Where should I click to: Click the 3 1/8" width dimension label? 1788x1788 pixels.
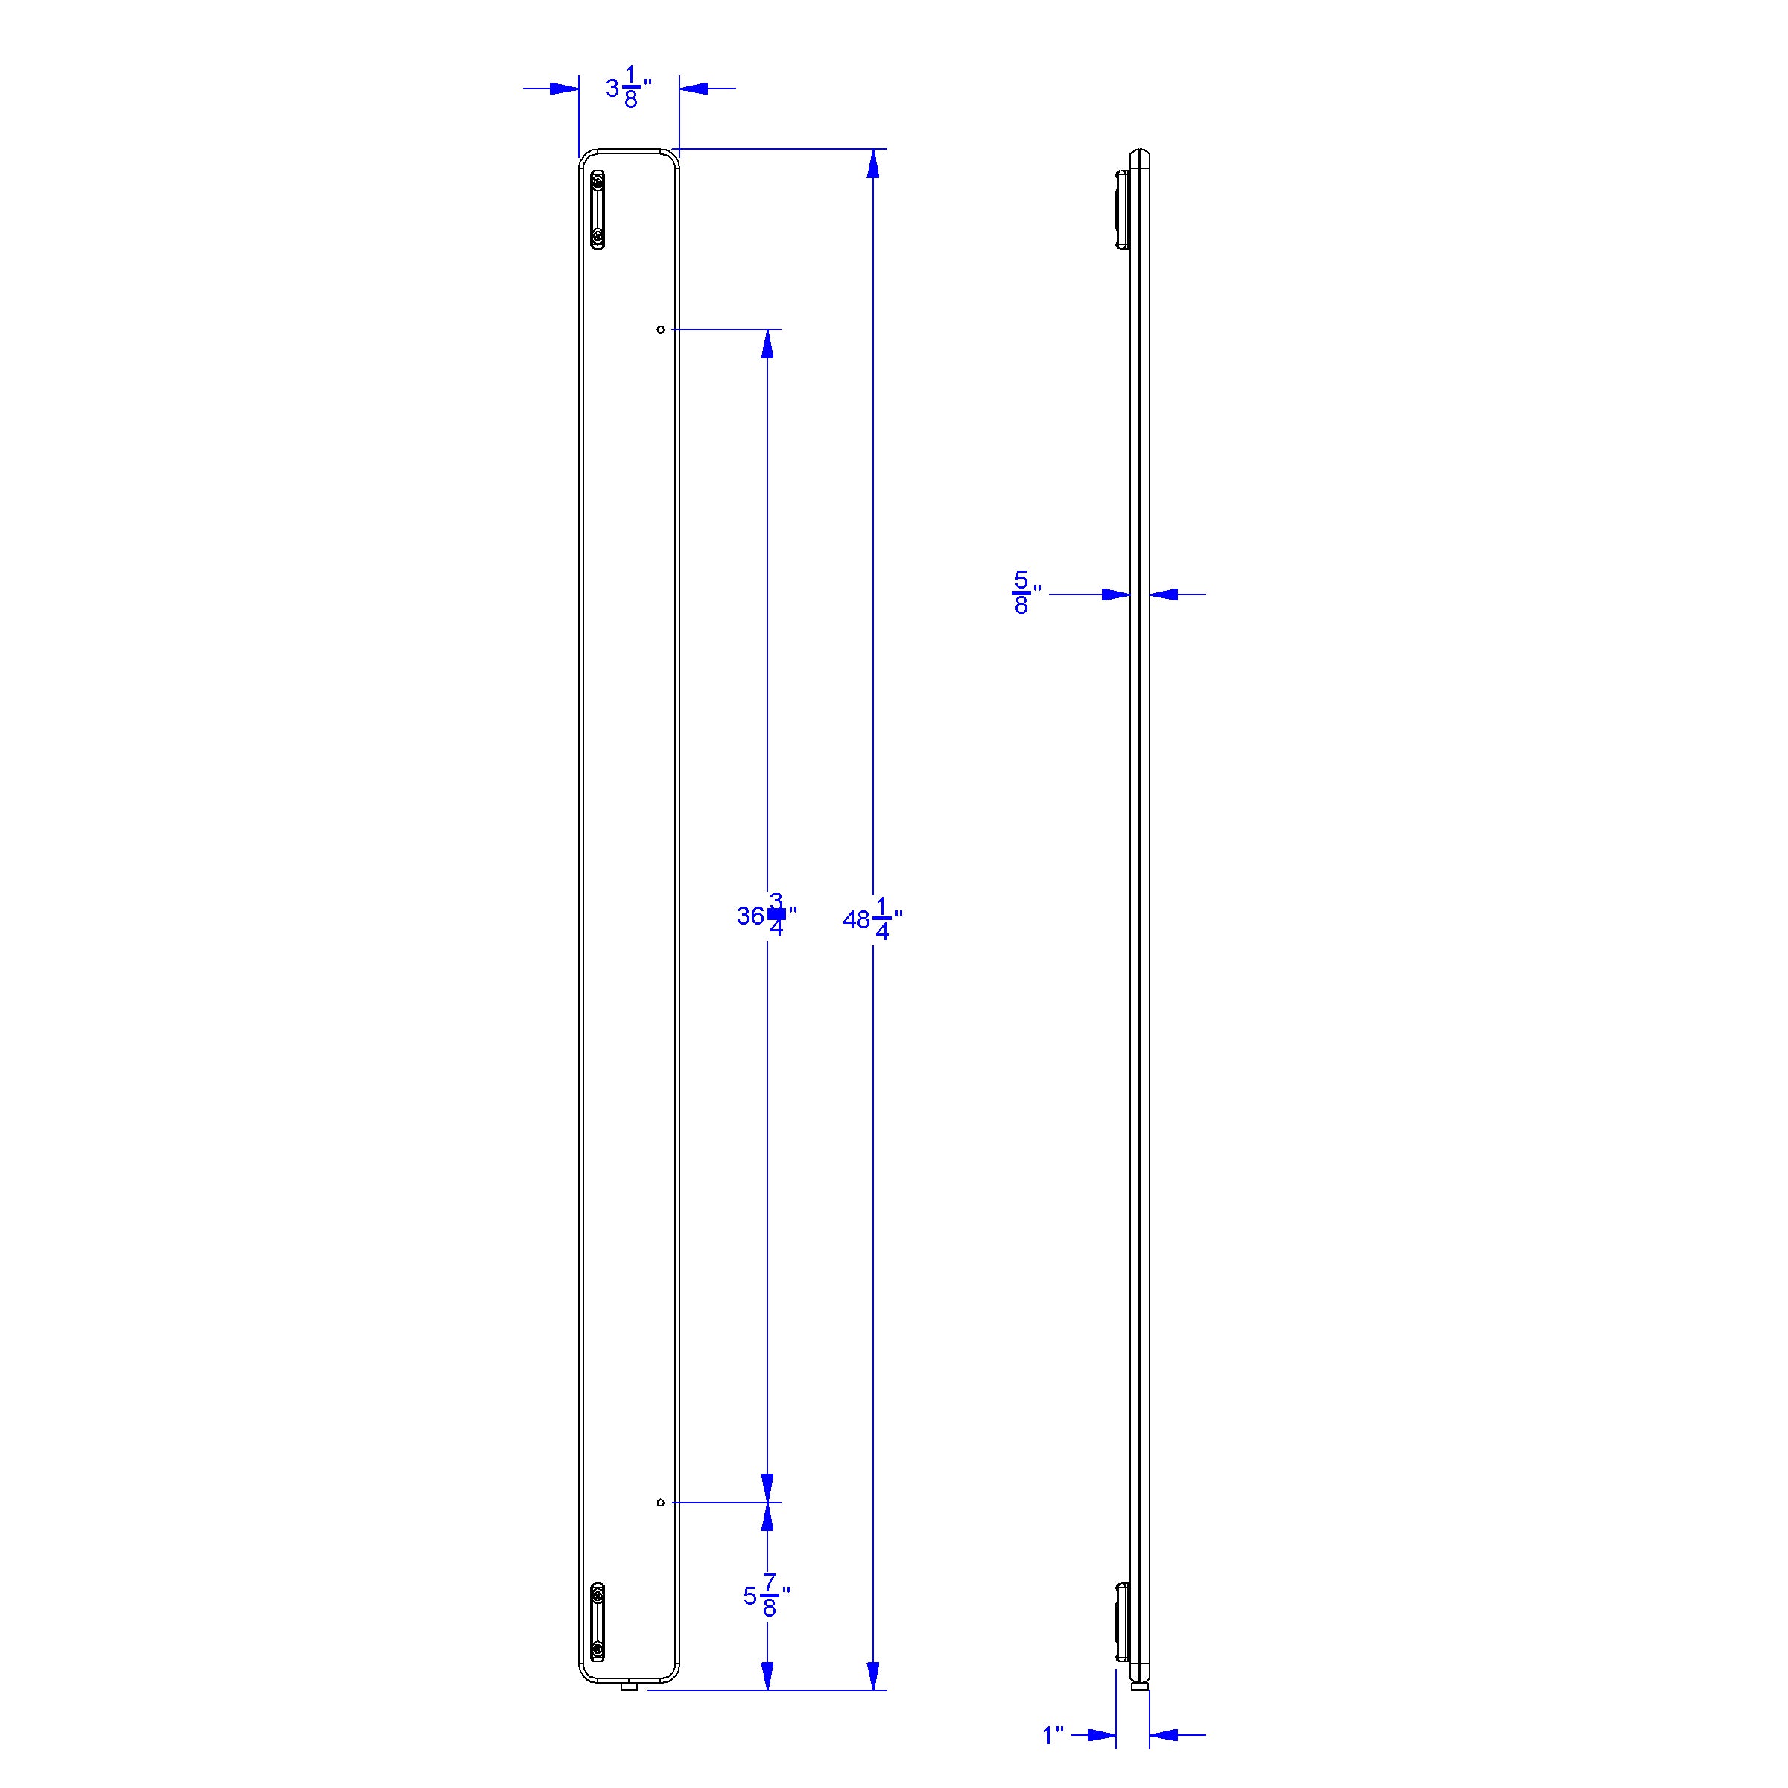(x=628, y=89)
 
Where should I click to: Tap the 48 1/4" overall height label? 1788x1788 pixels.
(x=872, y=920)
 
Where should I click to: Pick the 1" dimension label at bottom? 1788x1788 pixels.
(x=1053, y=1735)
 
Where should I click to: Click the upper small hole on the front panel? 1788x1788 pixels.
(x=660, y=329)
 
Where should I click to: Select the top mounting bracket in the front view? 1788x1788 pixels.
(x=599, y=210)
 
